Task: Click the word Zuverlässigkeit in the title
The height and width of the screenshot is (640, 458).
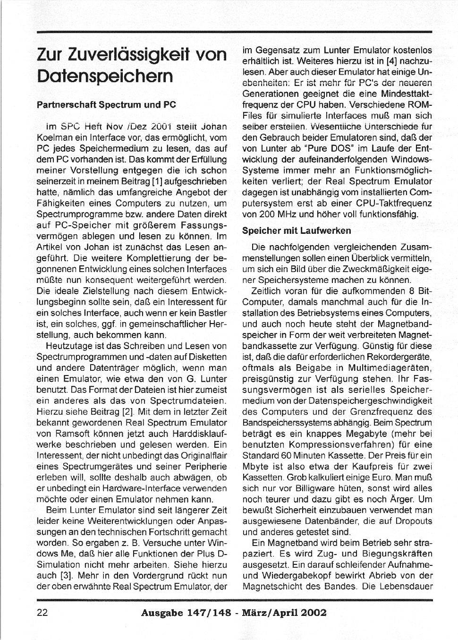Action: click(127, 55)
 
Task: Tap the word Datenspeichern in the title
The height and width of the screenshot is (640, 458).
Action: click(105, 76)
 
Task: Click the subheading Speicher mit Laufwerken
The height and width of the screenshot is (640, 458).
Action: click(297, 230)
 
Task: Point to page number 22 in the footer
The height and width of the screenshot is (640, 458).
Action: click(42, 613)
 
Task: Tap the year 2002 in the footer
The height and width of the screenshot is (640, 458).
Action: click(311, 613)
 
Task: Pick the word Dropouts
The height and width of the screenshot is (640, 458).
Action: click(413, 521)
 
